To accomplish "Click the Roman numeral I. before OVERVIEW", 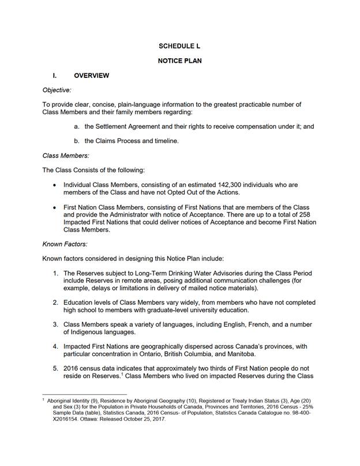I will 54,75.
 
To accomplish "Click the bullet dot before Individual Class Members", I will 55,185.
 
